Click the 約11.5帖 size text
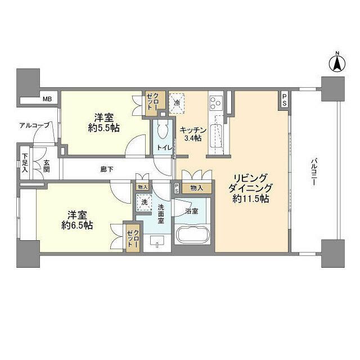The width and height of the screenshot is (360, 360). [250, 199]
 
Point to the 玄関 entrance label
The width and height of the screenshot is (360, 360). [46, 166]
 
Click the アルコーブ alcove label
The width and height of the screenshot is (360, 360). [34, 125]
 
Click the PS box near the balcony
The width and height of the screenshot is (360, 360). [285, 100]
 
